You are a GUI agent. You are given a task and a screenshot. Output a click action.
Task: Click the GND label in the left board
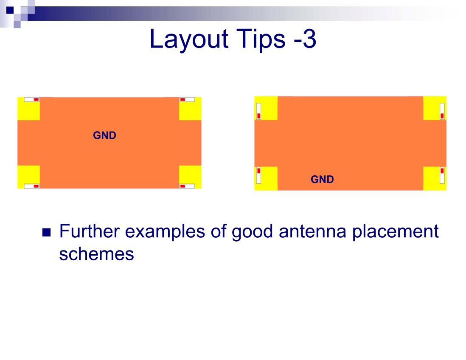(104, 135)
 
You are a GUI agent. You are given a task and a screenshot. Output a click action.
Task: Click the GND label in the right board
(322, 179)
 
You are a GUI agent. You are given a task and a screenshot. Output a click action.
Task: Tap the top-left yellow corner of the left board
(28, 109)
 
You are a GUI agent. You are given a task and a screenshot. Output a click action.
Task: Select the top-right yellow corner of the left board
(190, 109)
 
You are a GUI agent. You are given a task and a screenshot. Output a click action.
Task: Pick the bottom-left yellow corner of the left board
(28, 177)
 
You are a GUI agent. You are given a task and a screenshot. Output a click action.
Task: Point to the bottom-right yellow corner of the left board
(190, 177)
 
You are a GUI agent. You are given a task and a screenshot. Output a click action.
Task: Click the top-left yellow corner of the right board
(266, 108)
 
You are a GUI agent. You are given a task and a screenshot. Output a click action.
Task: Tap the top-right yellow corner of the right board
(435, 108)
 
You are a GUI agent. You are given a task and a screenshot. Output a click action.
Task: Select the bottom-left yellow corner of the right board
(266, 178)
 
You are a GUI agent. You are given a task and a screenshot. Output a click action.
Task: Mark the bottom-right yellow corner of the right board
(435, 178)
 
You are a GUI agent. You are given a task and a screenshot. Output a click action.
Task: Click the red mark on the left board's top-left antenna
(36, 100)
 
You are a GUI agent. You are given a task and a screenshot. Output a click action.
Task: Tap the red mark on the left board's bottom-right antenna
(183, 186)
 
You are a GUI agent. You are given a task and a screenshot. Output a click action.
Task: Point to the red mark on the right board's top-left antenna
(259, 115)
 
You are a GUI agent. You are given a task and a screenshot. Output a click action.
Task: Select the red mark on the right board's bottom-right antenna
(442, 171)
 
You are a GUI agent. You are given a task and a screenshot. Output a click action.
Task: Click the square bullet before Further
(47, 232)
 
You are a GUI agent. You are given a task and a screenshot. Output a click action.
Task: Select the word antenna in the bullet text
(312, 231)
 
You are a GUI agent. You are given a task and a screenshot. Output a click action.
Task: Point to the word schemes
(97, 254)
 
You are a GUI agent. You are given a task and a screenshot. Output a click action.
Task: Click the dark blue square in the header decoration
(10, 10)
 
